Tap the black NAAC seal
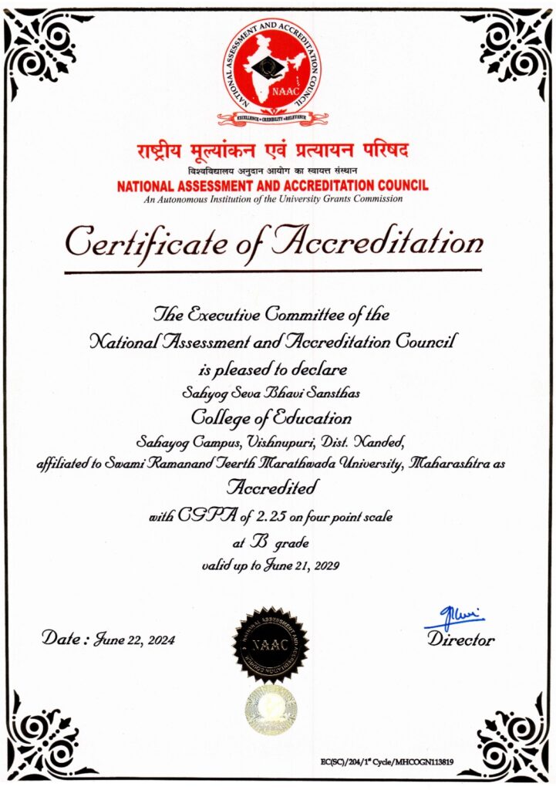(271, 643)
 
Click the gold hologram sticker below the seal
(271, 708)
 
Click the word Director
(461, 640)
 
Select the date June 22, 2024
(134, 640)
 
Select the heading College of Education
(271, 419)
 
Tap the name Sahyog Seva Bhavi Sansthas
(271, 394)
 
